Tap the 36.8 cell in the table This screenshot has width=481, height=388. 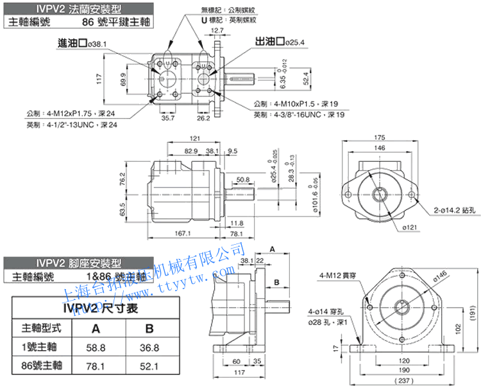pos(149,347)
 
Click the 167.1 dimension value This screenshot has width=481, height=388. pos(182,234)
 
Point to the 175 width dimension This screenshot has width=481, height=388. pos(379,137)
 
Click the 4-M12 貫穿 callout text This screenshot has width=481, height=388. pos(336,276)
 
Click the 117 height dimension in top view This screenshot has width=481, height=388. pos(99,78)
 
